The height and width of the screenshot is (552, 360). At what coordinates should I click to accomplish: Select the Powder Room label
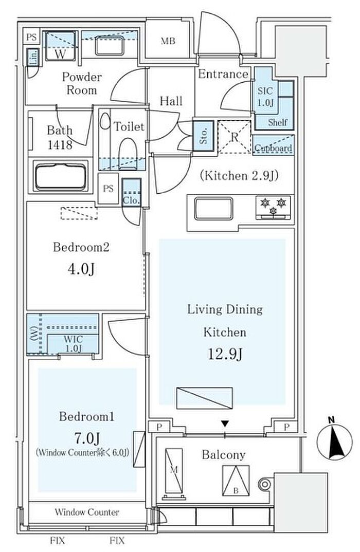point(82,83)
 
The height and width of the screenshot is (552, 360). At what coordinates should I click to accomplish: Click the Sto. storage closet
point(202,135)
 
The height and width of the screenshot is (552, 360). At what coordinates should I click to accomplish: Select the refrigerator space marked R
point(234,136)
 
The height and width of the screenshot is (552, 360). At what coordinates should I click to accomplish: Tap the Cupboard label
point(273,148)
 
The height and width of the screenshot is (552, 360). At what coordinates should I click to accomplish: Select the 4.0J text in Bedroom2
point(81,270)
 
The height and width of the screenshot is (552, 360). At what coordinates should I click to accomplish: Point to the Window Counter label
point(87,512)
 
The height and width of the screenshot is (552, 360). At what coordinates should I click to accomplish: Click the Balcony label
point(223,455)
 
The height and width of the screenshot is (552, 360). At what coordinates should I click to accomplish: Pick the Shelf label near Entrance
point(278,122)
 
